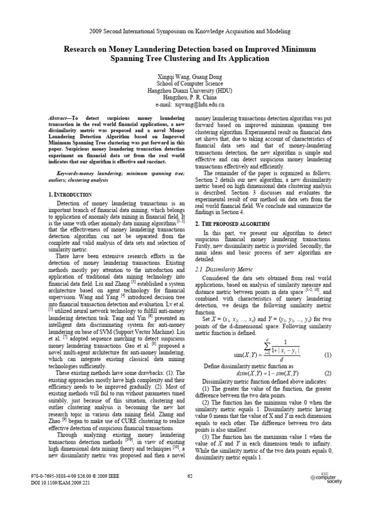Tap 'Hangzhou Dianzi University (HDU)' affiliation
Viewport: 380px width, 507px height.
coord(190,92)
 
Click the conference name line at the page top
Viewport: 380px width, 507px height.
coord(190,31)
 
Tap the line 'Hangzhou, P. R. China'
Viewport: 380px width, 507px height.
coord(190,98)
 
